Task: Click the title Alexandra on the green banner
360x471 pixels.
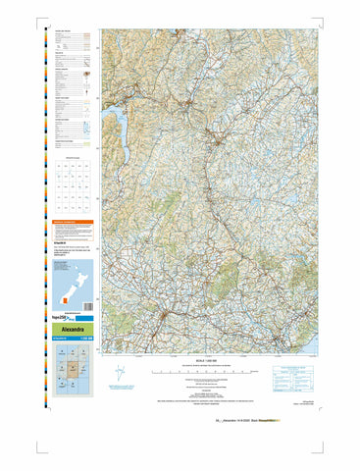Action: [66, 330]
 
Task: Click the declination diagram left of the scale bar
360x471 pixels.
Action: [119, 375]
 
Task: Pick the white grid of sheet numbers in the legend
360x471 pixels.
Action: [72, 186]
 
